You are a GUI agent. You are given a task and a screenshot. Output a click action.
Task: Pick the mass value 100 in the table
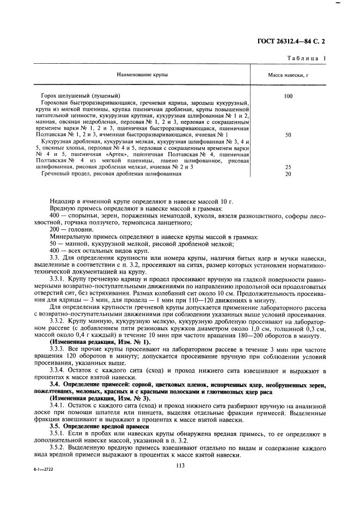[288, 96]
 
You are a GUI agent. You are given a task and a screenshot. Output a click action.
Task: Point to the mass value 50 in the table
[288, 134]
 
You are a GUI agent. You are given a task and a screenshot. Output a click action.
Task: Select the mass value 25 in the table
[288, 167]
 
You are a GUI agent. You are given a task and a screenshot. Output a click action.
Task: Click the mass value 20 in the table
[288, 174]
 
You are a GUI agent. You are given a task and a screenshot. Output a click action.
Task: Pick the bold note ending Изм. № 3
[88, 399]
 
